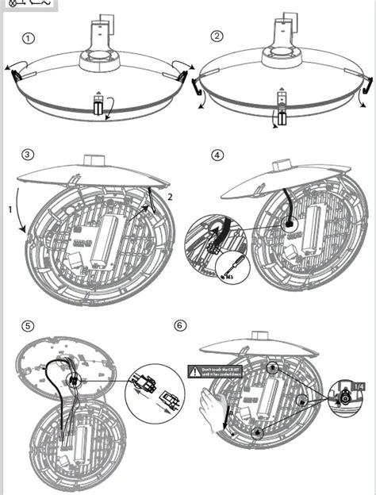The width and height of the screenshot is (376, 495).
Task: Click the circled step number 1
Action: pos(29,38)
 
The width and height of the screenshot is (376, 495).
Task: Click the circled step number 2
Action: pos(217,36)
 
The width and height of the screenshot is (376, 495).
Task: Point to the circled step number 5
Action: pos(29,325)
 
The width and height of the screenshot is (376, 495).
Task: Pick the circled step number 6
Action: pos(182,325)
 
